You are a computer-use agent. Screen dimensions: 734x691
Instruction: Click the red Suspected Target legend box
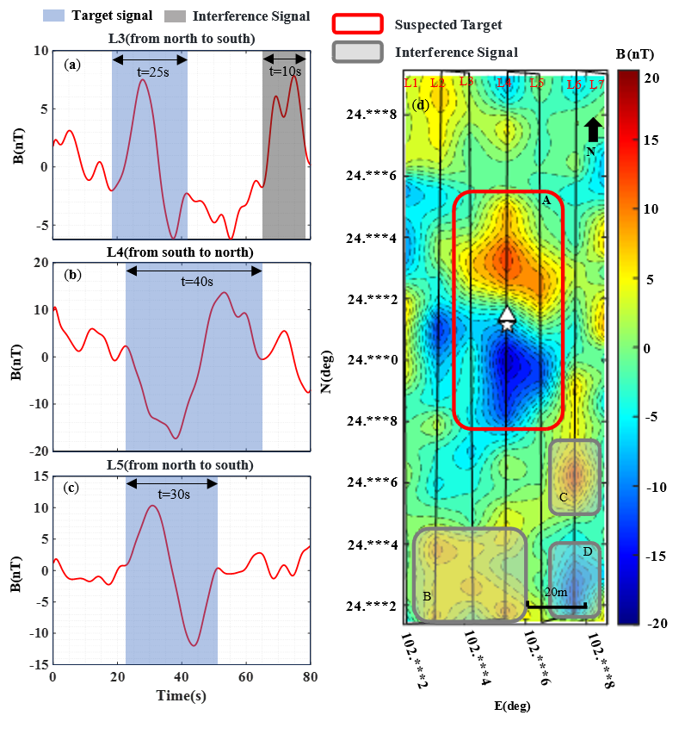pyautogui.click(x=357, y=24)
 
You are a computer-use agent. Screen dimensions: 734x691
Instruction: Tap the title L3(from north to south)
pyautogui.click(x=181, y=39)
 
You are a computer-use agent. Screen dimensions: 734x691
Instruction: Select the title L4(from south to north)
pyautogui.click(x=181, y=252)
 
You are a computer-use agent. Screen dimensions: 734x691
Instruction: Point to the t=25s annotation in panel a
pyautogui.click(x=152, y=72)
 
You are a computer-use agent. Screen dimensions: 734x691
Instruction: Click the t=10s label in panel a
pyautogui.click(x=285, y=72)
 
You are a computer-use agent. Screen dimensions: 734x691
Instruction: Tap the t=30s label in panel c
pyautogui.click(x=173, y=495)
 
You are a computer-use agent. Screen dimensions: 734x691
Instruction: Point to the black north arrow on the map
pyautogui.click(x=592, y=130)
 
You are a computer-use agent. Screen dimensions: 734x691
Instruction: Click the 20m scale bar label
pyautogui.click(x=556, y=592)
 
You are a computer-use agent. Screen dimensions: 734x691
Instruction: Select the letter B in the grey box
pyautogui.click(x=427, y=595)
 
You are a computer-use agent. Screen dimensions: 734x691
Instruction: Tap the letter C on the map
pyautogui.click(x=563, y=497)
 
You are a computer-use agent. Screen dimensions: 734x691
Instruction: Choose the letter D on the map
pyautogui.click(x=587, y=552)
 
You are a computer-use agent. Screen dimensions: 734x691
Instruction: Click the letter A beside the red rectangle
pyautogui.click(x=546, y=200)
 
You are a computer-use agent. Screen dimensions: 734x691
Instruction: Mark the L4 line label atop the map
pyautogui.click(x=504, y=83)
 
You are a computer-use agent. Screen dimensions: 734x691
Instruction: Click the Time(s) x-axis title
pyautogui.click(x=181, y=695)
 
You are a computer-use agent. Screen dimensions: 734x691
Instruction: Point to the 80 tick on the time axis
pyautogui.click(x=308, y=677)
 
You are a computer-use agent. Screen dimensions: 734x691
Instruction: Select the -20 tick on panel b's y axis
pyautogui.click(x=39, y=450)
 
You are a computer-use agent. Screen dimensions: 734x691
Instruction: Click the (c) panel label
pyautogui.click(x=72, y=488)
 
